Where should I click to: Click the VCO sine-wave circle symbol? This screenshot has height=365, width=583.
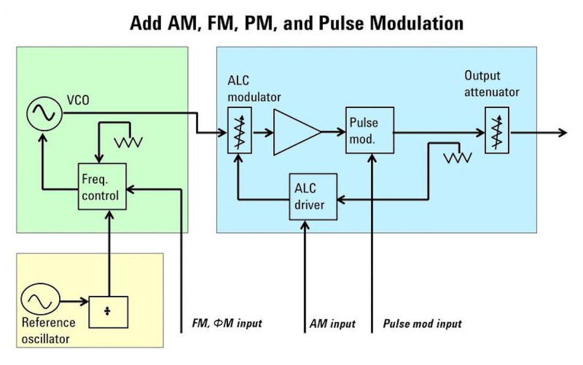click(44, 114)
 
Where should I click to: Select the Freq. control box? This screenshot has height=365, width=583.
click(102, 186)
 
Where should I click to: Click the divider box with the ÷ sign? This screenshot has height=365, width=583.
click(108, 312)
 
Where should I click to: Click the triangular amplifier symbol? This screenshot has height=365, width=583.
click(295, 132)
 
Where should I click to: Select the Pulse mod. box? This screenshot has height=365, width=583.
click(369, 130)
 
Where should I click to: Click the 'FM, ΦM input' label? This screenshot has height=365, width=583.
click(227, 323)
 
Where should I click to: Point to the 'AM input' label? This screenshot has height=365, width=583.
click(333, 323)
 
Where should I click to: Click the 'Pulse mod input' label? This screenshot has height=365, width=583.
click(422, 323)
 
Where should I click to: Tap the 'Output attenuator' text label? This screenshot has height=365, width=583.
click(492, 83)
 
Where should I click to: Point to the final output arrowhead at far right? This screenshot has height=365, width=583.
click(562, 133)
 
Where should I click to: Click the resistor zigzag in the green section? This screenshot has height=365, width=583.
click(128, 142)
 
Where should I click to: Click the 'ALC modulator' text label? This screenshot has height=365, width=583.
click(254, 89)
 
